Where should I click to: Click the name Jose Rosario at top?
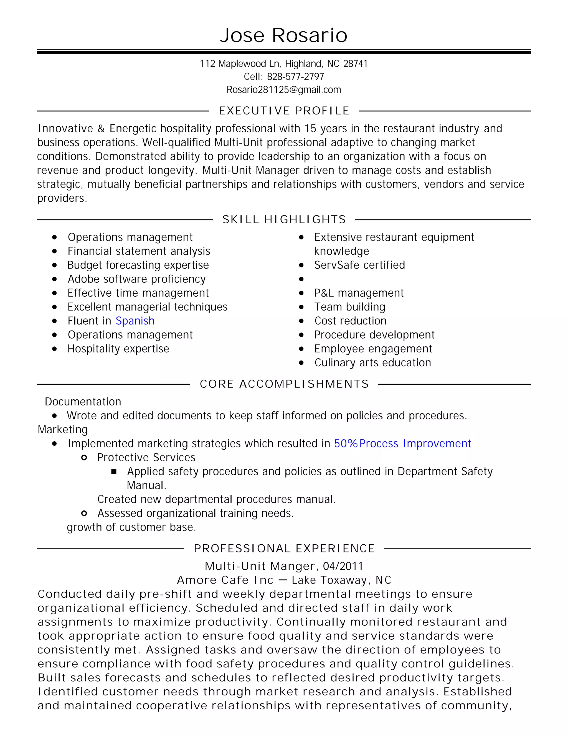tap(284, 35)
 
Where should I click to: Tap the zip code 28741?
tap(355, 64)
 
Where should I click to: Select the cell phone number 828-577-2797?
tap(295, 77)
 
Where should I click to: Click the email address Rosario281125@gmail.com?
tap(284, 90)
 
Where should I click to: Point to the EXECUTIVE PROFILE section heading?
tap(284, 111)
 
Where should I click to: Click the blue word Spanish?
tap(135, 321)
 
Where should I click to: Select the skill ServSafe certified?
tap(359, 265)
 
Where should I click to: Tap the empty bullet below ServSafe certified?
tap(301, 279)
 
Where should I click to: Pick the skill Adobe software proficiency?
tap(137, 279)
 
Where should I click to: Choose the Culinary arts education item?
tap(372, 363)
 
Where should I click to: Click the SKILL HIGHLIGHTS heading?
tap(284, 220)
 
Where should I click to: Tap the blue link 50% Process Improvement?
tap(402, 444)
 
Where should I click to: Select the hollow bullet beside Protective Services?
tap(84, 458)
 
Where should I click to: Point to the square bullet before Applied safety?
tap(114, 472)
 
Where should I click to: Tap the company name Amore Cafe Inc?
tap(225, 580)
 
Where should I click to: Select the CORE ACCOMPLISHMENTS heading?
tap(284, 384)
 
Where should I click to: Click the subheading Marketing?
tap(63, 430)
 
